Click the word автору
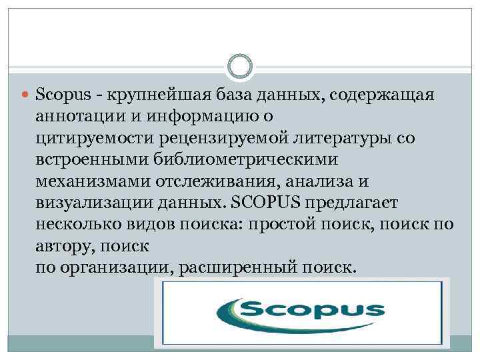click(x=61, y=245)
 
